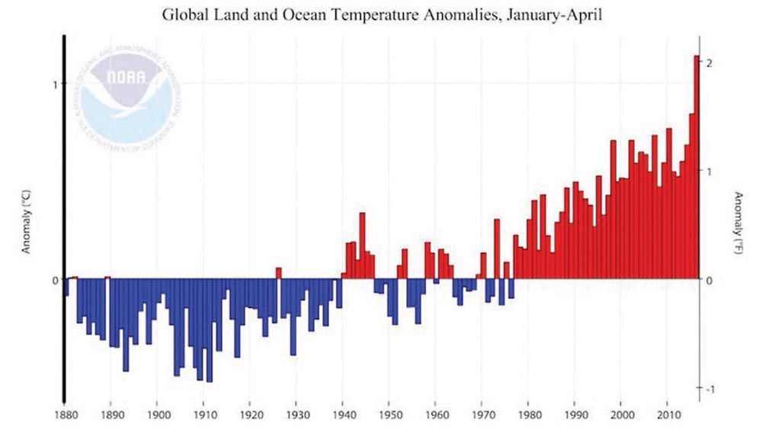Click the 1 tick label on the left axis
pos(55,84)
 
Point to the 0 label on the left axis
pos(55,280)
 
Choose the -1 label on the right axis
pos(710,389)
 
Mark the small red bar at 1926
pos(279,273)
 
